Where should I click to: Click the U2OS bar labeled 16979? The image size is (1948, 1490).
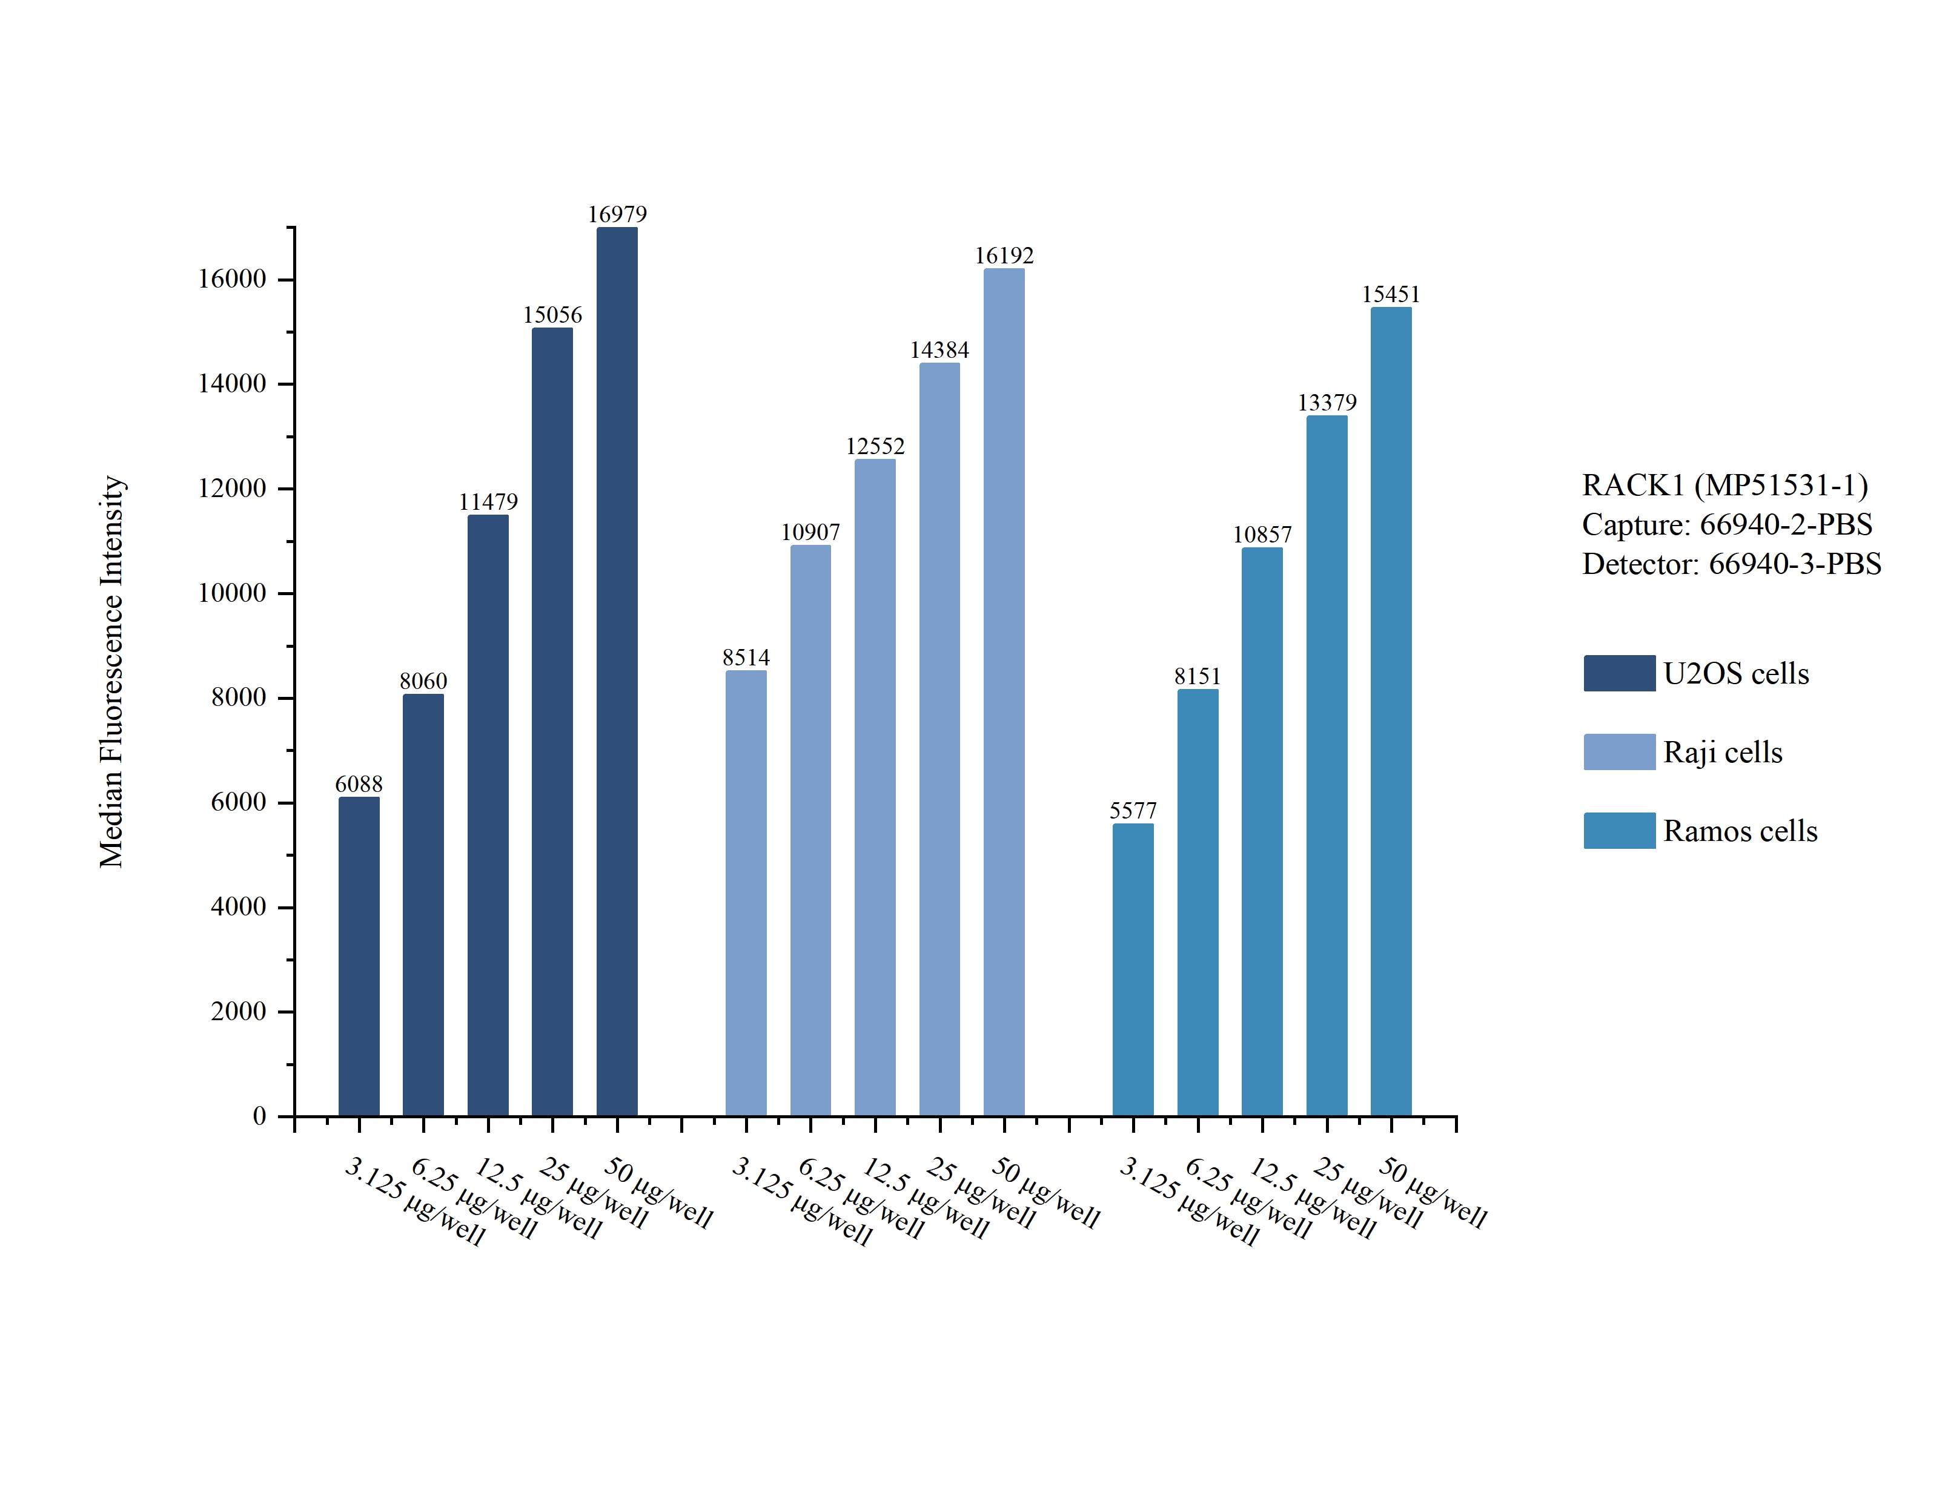tap(617, 671)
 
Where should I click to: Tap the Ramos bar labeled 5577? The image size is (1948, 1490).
tap(1133, 969)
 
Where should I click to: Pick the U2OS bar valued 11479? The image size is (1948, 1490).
tap(488, 814)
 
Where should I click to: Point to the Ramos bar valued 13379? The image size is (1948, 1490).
tap(1326, 765)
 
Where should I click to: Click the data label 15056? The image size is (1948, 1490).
tap(552, 315)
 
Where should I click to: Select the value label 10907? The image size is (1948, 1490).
tap(810, 532)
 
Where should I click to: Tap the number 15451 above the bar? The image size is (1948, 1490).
tap(1390, 294)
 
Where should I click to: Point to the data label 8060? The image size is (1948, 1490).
tap(423, 681)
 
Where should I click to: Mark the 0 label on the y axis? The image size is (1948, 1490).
tap(259, 1116)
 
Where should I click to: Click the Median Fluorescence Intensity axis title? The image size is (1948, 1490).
tap(112, 671)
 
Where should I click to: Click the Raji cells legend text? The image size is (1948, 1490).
tap(1722, 752)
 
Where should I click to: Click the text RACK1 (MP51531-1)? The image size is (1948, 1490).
tap(1724, 485)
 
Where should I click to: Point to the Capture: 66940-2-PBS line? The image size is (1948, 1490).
tap(1726, 524)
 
